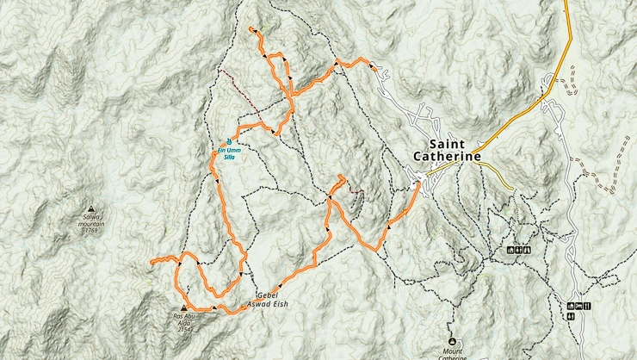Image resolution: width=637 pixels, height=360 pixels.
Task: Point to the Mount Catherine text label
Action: tap(453, 348)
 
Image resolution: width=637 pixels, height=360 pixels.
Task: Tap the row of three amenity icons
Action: tap(520, 250)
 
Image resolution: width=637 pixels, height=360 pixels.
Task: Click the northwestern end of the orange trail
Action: tap(250, 30)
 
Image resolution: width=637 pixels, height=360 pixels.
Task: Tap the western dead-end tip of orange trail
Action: tap(151, 260)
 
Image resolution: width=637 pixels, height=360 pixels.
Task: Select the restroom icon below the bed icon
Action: tap(571, 316)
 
